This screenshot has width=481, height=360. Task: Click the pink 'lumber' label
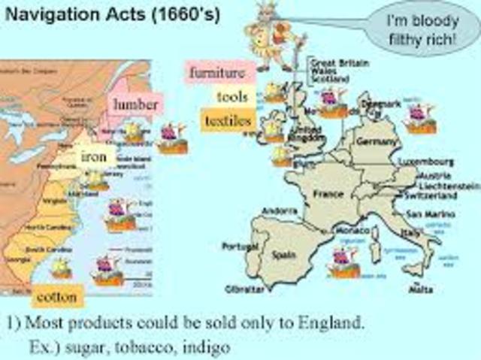click(135, 104)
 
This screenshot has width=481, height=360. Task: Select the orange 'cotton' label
click(57, 296)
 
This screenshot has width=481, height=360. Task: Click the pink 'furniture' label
click(217, 73)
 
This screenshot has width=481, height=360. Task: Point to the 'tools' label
click(232, 96)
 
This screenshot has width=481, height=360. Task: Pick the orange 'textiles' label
click(225, 119)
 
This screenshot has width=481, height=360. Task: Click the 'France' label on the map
click(328, 193)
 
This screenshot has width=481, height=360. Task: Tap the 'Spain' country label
click(283, 255)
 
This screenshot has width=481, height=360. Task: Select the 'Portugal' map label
click(240, 246)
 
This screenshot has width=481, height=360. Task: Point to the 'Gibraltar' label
click(244, 289)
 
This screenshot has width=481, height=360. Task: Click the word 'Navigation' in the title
click(54, 16)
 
